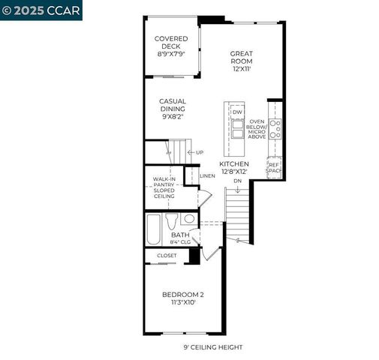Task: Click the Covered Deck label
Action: click(171, 46)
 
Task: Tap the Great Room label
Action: click(241, 60)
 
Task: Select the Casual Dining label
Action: click(173, 109)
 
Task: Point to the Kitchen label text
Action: click(234, 168)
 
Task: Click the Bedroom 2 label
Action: click(183, 298)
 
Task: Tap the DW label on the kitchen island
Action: click(237, 112)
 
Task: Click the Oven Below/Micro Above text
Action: click(257, 128)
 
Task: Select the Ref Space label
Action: click(275, 167)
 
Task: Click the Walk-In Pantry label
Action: click(165, 187)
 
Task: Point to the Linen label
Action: click(208, 175)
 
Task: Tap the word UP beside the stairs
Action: click(199, 153)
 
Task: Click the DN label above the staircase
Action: click(237, 181)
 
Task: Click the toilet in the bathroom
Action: click(172, 221)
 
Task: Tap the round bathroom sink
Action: click(188, 219)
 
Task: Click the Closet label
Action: click(167, 256)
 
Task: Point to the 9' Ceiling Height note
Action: click(213, 347)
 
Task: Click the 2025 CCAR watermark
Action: click(41, 10)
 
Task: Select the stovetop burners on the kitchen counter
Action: click(275, 128)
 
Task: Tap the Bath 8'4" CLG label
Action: click(181, 238)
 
